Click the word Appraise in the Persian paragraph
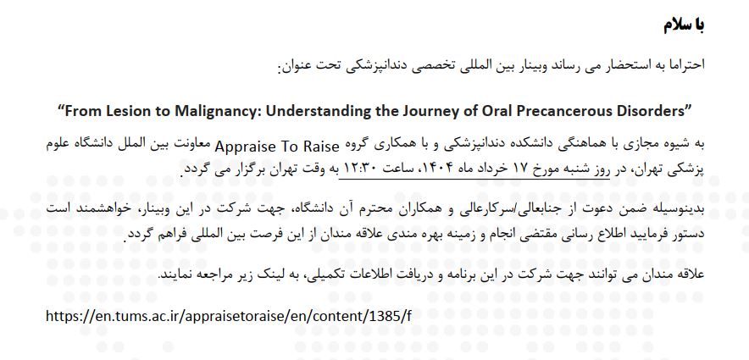pyautogui.click(x=240, y=147)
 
